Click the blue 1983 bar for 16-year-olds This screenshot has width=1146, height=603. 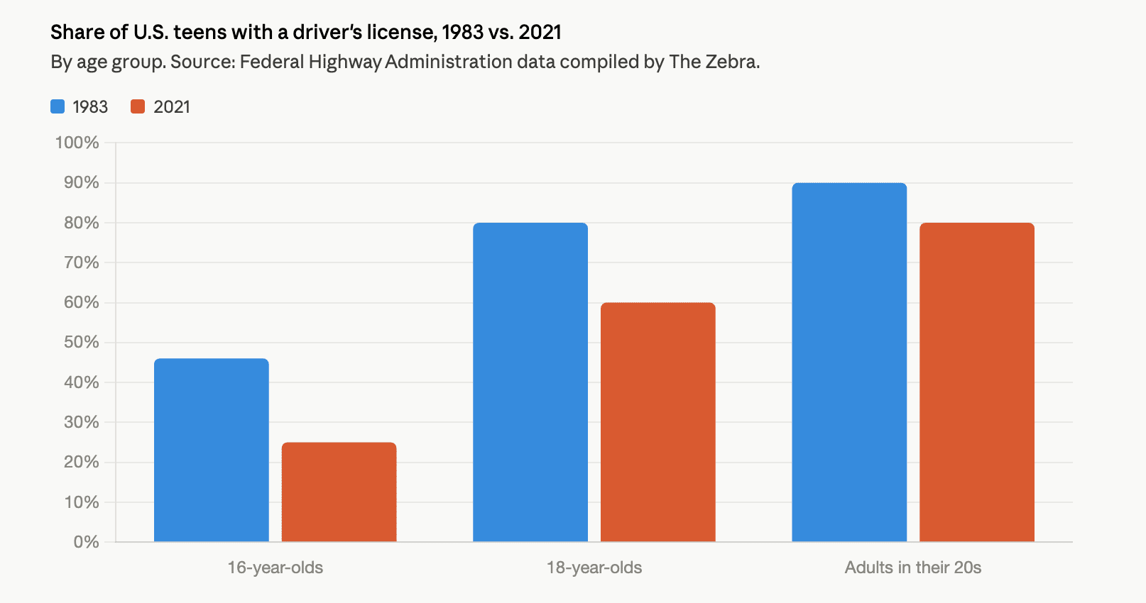(212, 450)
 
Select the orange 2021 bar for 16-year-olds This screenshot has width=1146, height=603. (339, 492)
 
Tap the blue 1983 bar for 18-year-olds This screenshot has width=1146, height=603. (530, 383)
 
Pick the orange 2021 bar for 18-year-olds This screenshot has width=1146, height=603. (658, 423)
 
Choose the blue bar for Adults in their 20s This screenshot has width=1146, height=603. (849, 363)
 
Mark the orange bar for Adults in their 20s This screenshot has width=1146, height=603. (977, 383)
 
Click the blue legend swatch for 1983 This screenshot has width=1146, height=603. (58, 106)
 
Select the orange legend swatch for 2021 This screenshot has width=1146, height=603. (138, 106)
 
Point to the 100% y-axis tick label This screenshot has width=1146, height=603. (77, 143)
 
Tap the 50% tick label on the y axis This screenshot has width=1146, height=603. (81, 342)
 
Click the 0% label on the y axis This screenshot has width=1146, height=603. (86, 542)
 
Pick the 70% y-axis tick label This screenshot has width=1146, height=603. (81, 262)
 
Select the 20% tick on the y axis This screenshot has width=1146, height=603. (81, 462)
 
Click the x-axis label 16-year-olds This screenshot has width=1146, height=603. (275, 568)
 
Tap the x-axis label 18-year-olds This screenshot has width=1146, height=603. (594, 568)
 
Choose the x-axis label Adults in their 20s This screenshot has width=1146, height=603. (913, 568)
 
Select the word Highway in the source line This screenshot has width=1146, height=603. (343, 62)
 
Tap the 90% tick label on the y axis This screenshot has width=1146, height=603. (81, 182)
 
